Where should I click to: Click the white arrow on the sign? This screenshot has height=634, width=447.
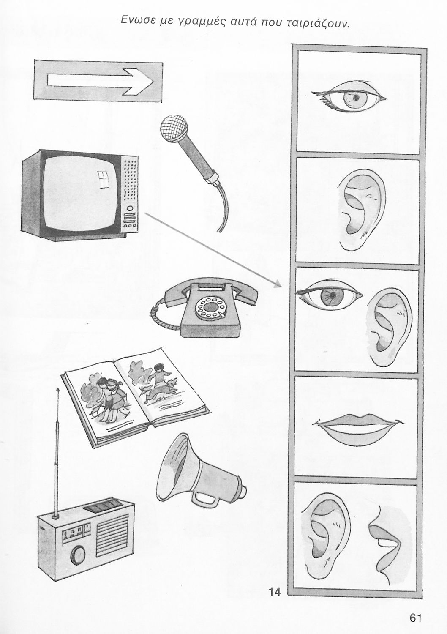[x=100, y=81]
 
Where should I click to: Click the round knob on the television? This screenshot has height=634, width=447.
[x=130, y=209]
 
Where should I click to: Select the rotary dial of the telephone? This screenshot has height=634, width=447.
[x=210, y=308]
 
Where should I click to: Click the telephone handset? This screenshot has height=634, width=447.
[x=211, y=292]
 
